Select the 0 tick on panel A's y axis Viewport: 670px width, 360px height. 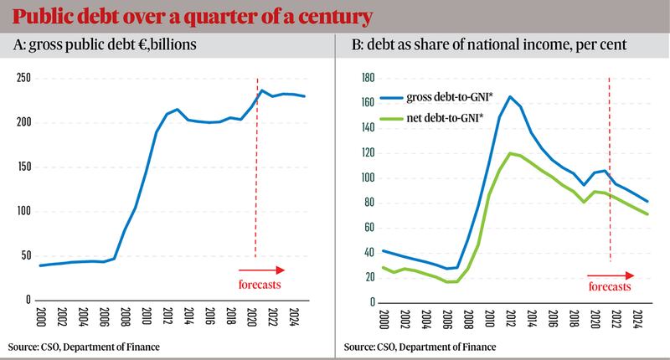(26, 300)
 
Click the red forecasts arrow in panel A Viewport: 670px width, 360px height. (261, 270)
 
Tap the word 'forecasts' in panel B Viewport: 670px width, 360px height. (609, 285)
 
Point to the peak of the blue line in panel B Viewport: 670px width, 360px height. (510, 97)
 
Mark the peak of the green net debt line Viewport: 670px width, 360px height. (510, 153)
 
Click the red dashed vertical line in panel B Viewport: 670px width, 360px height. (609, 167)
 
